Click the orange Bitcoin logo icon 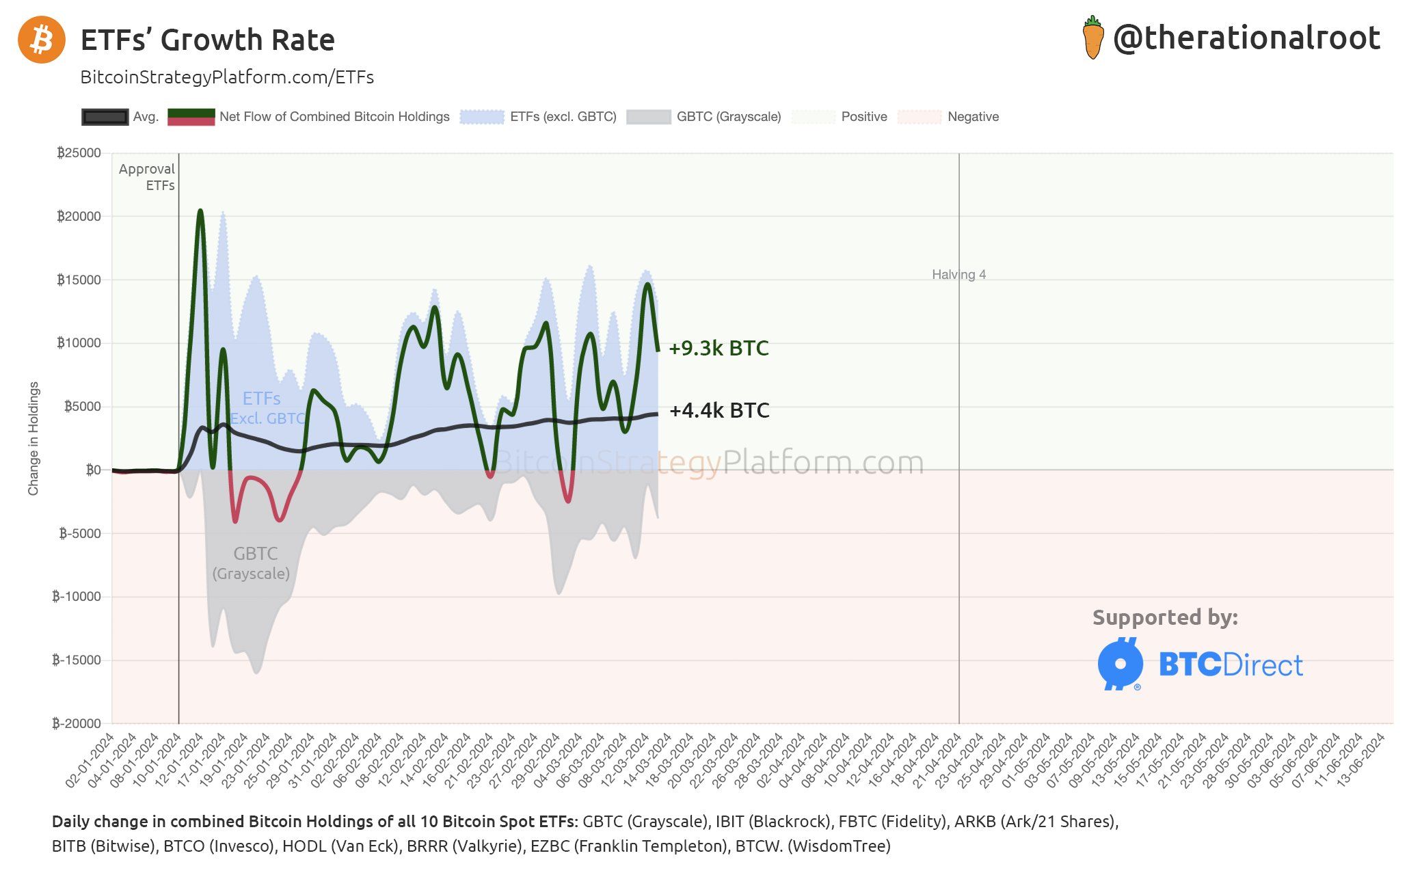pyautogui.click(x=42, y=40)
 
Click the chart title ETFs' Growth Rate pyautogui.click(x=207, y=40)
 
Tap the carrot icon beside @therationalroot pyautogui.click(x=1093, y=38)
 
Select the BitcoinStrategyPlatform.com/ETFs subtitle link pyautogui.click(x=227, y=77)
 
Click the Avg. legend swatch pyautogui.click(x=105, y=117)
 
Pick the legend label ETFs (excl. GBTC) pyautogui.click(x=563, y=117)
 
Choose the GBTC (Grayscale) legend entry pyautogui.click(x=728, y=117)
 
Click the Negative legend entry pyautogui.click(x=972, y=117)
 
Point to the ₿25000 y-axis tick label pyautogui.click(x=79, y=152)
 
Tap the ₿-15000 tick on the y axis pyautogui.click(x=77, y=660)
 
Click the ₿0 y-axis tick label pyautogui.click(x=93, y=470)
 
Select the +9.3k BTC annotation pyautogui.click(x=719, y=348)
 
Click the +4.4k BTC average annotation pyautogui.click(x=719, y=410)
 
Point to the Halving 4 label pyautogui.click(x=958, y=275)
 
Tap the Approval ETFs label pyautogui.click(x=147, y=177)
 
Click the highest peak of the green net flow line pyautogui.click(x=200, y=211)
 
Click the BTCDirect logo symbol pyautogui.click(x=1120, y=664)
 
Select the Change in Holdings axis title pyautogui.click(x=33, y=438)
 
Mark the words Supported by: pyautogui.click(x=1165, y=617)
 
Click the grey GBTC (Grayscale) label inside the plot pyautogui.click(x=253, y=563)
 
